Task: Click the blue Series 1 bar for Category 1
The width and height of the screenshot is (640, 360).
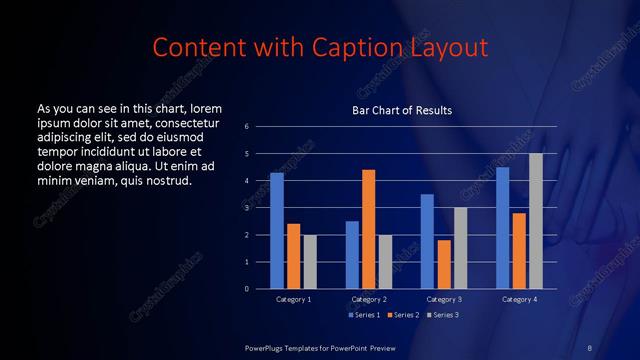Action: pyautogui.click(x=277, y=231)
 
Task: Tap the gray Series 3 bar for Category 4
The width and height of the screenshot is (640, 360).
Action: pyautogui.click(x=536, y=221)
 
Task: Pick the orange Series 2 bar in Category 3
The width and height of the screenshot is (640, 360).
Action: pyautogui.click(x=444, y=264)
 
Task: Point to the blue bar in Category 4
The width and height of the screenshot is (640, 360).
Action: pyautogui.click(x=503, y=228)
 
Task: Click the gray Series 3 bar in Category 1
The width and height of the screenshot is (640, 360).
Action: pyautogui.click(x=309, y=262)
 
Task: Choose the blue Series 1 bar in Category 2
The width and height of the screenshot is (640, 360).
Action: pyautogui.click(x=352, y=255)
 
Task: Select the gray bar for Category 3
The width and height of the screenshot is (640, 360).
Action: pyautogui.click(x=460, y=248)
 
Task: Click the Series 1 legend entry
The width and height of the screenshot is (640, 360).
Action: pyautogui.click(x=364, y=316)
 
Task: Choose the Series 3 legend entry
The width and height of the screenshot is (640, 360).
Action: pyautogui.click(x=443, y=316)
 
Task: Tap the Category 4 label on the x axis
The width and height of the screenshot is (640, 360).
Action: pyautogui.click(x=519, y=299)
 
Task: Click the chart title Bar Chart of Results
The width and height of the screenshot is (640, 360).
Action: pyautogui.click(x=402, y=109)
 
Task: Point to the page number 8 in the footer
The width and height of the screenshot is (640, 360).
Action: pyautogui.click(x=589, y=347)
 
